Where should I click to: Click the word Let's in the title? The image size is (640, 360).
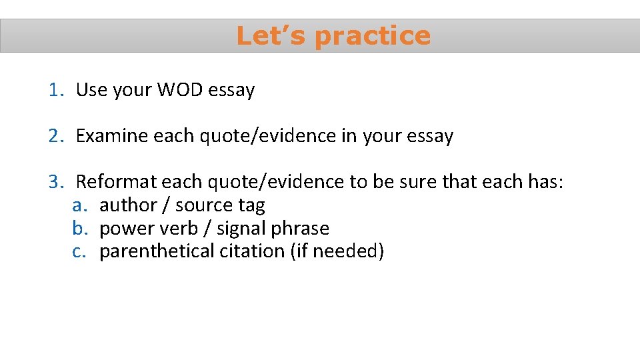(x=271, y=36)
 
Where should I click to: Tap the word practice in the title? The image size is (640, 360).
(x=373, y=36)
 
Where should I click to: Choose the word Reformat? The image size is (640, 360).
(x=117, y=181)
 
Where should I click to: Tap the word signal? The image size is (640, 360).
(x=241, y=228)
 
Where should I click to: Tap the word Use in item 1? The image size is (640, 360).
(x=89, y=89)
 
